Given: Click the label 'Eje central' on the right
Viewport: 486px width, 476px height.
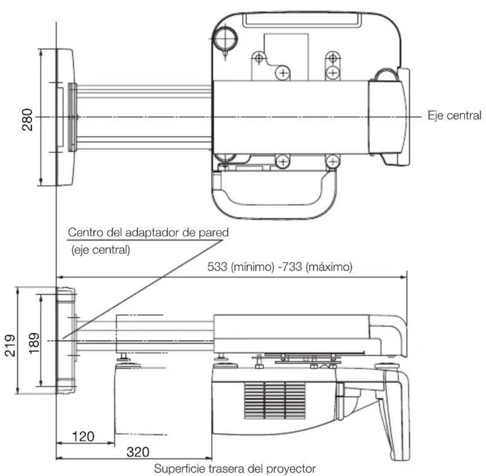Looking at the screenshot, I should tap(454, 115).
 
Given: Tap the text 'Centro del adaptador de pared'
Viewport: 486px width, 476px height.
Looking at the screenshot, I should tap(148, 232).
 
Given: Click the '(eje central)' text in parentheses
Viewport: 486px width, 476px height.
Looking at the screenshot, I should tap(98, 249).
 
